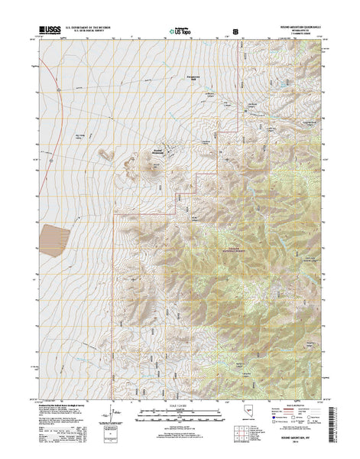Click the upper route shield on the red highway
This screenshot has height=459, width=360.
pos(59,90)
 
